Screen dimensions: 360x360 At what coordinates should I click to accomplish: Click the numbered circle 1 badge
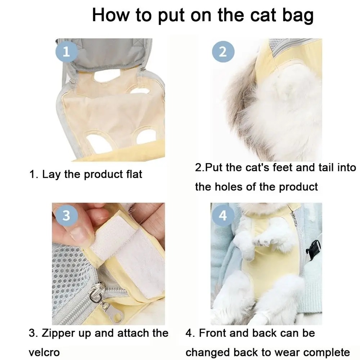coord(66,51)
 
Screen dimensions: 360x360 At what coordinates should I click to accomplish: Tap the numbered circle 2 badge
coord(223,51)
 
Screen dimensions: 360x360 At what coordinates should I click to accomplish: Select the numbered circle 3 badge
coord(66,215)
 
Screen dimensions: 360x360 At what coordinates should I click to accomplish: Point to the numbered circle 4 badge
coord(222,215)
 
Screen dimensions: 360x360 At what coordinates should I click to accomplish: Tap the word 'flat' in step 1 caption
coord(134,174)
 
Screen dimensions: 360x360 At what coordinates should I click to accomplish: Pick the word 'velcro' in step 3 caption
coord(44,352)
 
